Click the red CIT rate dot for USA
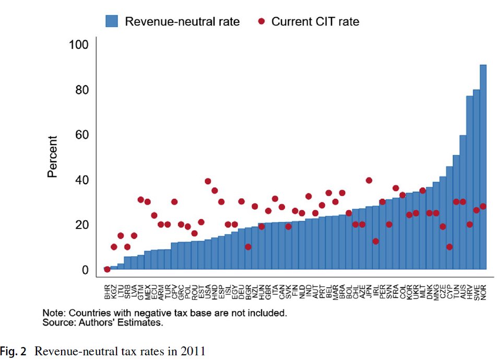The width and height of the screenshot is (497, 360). [208, 181]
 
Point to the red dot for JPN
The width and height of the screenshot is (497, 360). [369, 181]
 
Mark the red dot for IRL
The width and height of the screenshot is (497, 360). [376, 241]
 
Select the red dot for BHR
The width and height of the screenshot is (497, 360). [107, 269]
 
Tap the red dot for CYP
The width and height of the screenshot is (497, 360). [449, 247]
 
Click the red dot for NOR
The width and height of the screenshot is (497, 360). [483, 206]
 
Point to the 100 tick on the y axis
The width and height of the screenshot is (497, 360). [79, 45]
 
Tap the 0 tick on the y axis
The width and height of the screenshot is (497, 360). [85, 270]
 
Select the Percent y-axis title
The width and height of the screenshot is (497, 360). [53, 157]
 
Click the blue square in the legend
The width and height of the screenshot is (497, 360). [112, 21]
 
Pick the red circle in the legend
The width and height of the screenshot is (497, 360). [262, 21]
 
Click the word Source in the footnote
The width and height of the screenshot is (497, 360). [57, 323]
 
